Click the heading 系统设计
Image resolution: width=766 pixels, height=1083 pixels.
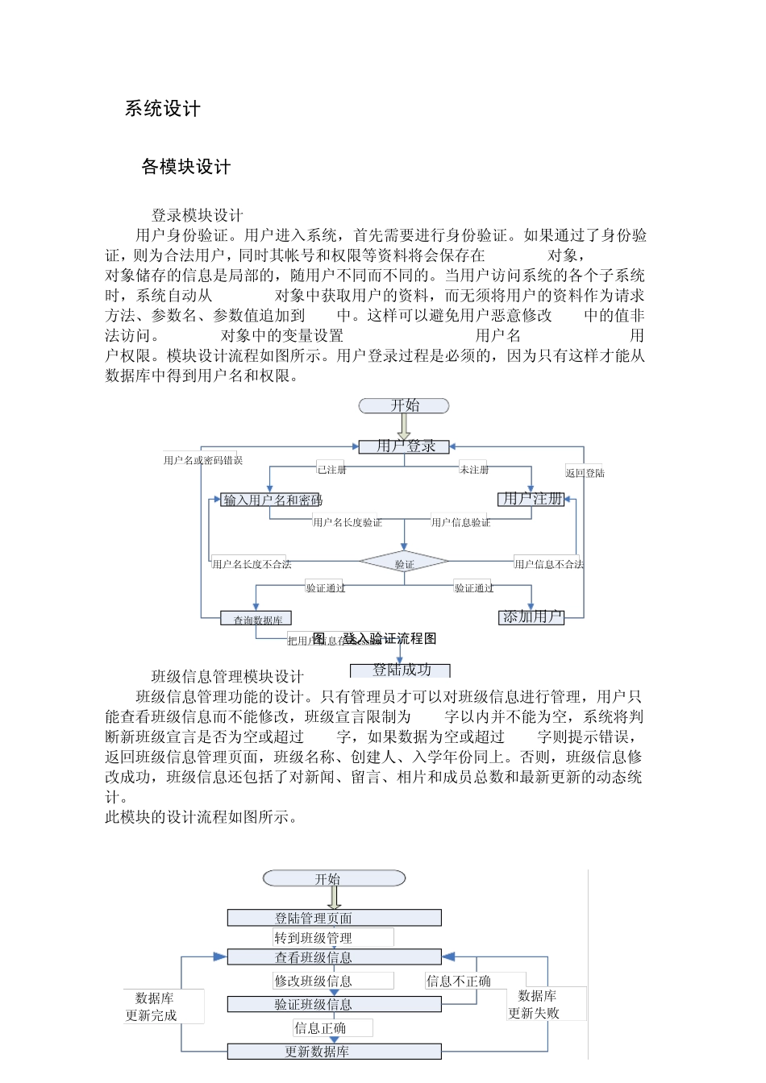click(x=162, y=109)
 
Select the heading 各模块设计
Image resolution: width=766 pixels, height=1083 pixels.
click(x=186, y=167)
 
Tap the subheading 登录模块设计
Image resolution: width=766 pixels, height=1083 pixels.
click(x=198, y=215)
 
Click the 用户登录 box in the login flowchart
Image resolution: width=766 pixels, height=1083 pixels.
click(x=404, y=446)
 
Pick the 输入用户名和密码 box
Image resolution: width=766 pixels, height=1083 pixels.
click(x=271, y=500)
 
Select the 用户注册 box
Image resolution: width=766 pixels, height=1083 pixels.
click(x=531, y=499)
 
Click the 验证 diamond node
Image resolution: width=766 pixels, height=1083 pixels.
click(x=404, y=563)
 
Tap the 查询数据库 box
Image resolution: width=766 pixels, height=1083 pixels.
click(x=256, y=619)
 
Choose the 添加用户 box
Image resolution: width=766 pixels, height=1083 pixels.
click(x=531, y=617)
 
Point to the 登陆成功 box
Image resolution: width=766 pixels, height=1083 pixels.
click(x=401, y=670)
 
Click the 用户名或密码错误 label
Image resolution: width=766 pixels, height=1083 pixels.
click(x=202, y=460)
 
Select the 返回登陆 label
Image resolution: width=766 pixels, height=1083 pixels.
click(x=585, y=473)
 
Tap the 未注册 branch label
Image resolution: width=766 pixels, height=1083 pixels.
click(x=474, y=469)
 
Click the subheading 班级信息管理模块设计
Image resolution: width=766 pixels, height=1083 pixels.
click(x=227, y=676)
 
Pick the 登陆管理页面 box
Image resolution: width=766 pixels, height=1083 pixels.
click(x=334, y=918)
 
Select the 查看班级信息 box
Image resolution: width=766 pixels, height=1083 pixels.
click(x=334, y=957)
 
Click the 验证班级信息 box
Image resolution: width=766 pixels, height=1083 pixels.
click(x=334, y=1004)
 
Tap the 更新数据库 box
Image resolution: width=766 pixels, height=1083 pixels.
click(x=334, y=1052)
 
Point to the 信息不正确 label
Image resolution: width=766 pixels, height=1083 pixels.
click(x=459, y=981)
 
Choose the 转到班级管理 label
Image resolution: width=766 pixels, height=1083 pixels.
click(x=313, y=938)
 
